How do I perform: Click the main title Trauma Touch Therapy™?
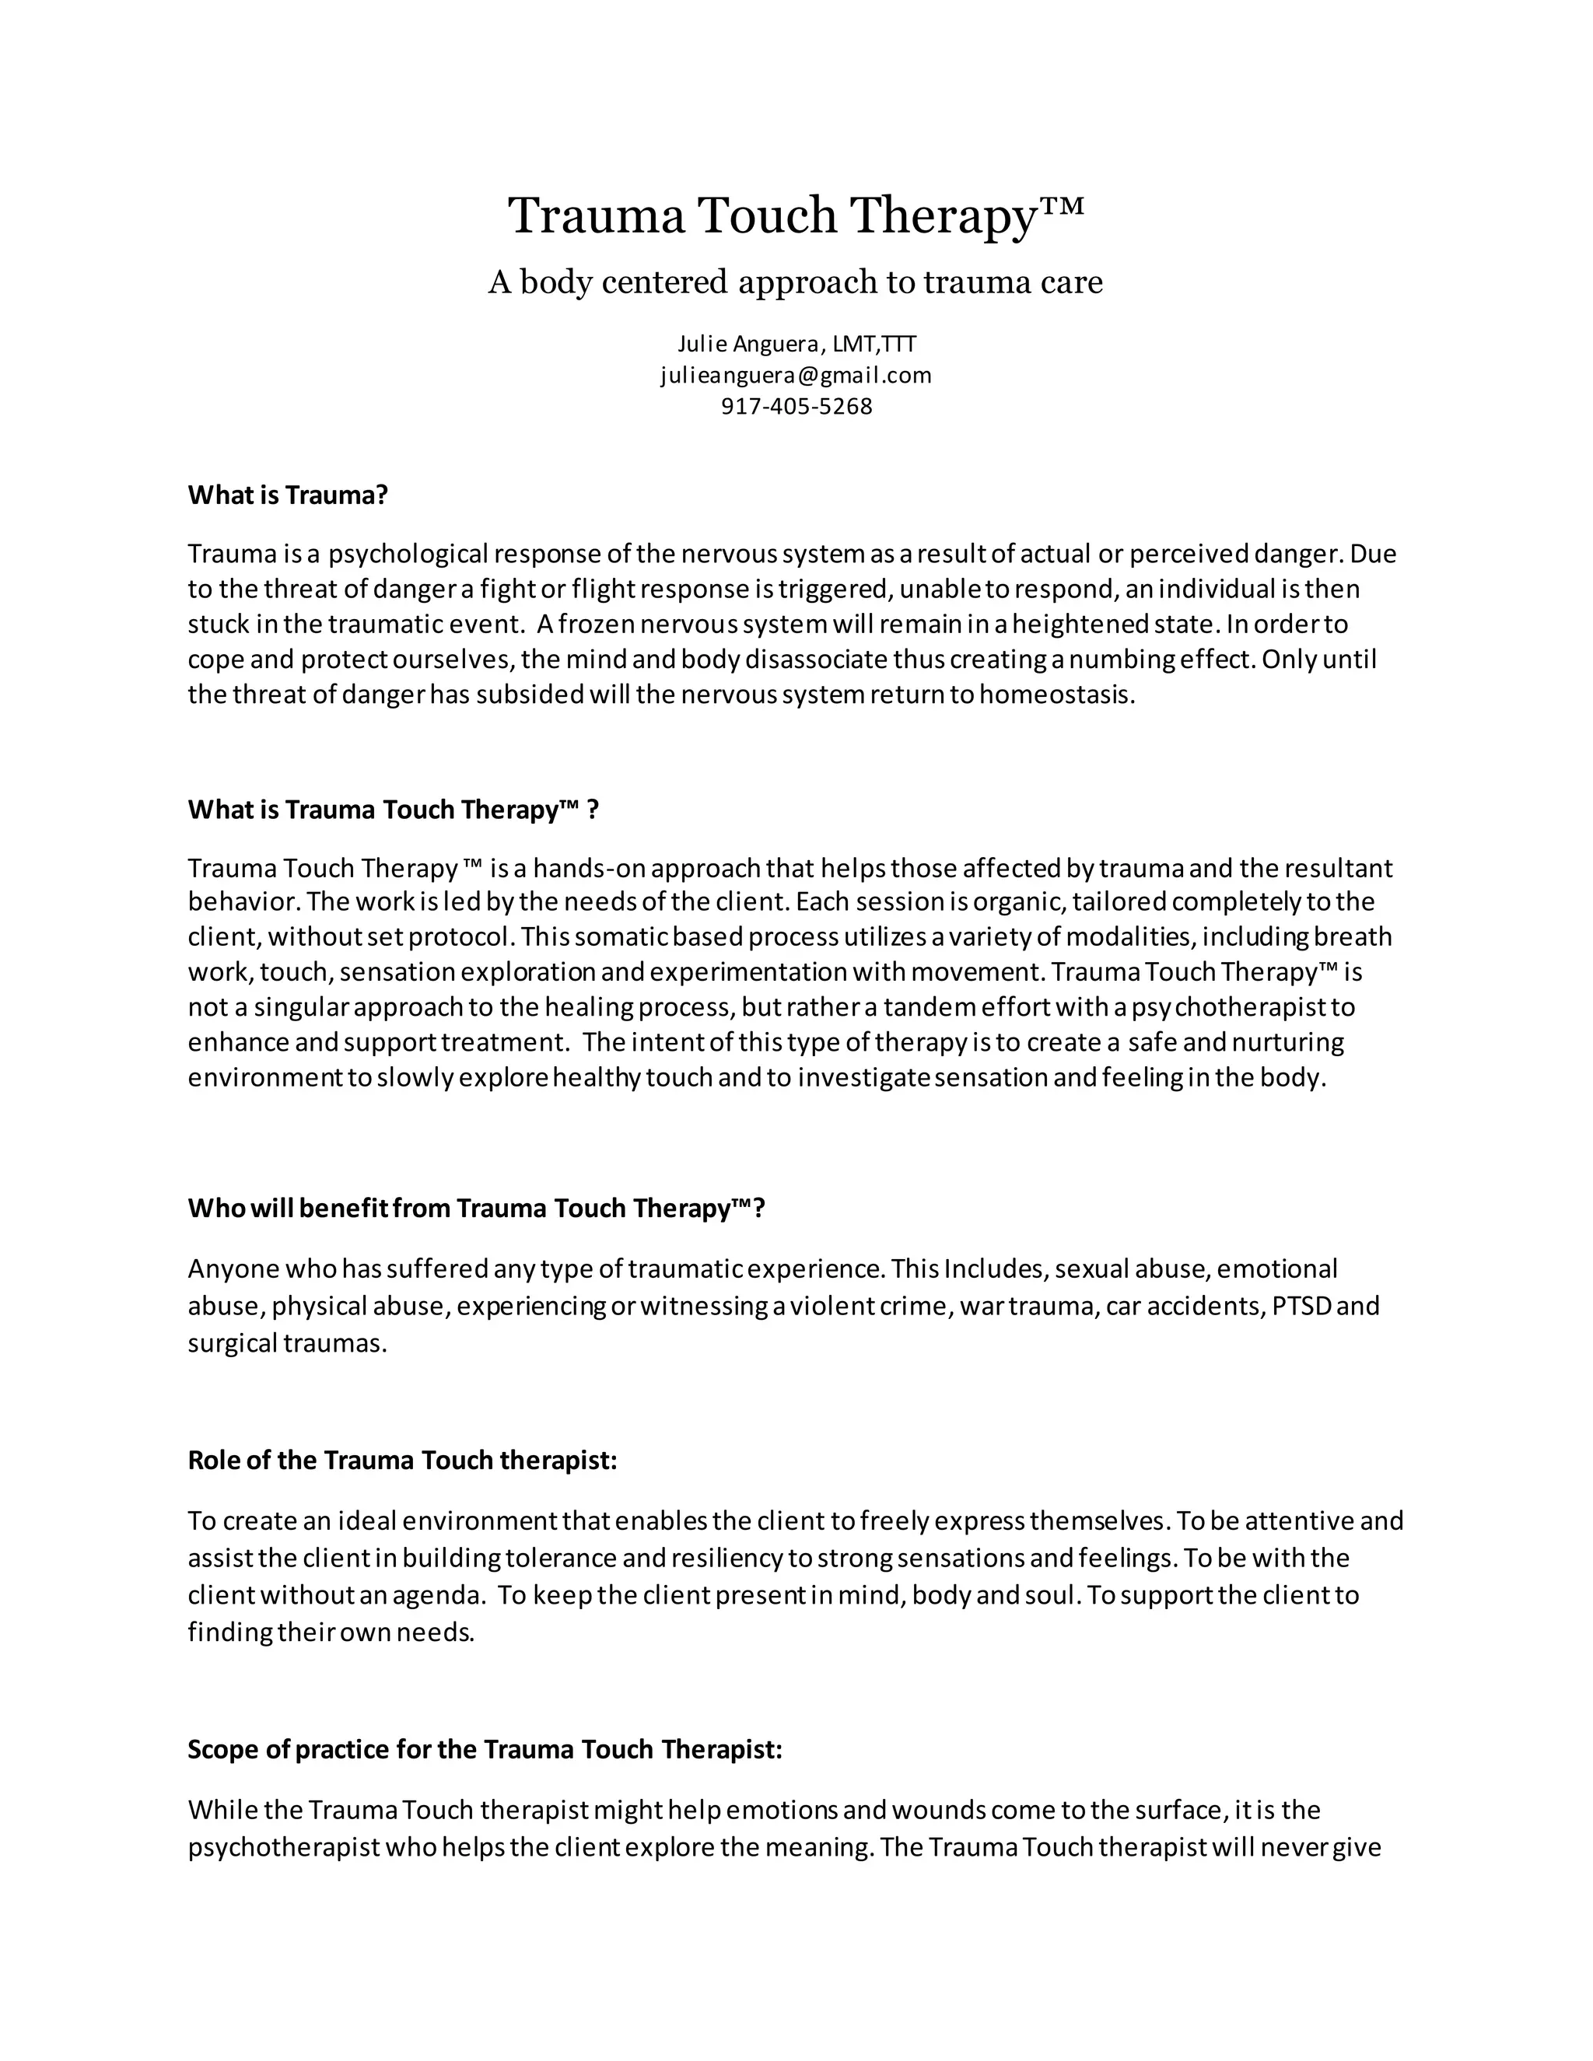pyautogui.click(x=796, y=216)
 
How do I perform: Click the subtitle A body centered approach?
pyautogui.click(x=795, y=282)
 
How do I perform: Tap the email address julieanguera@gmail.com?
pyautogui.click(x=796, y=376)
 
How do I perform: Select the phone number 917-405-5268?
pyautogui.click(x=796, y=407)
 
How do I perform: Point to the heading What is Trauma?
pyautogui.click(x=288, y=495)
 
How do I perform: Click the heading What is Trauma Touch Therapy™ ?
pyautogui.click(x=393, y=810)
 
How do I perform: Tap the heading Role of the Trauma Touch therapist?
pyautogui.click(x=402, y=1461)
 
